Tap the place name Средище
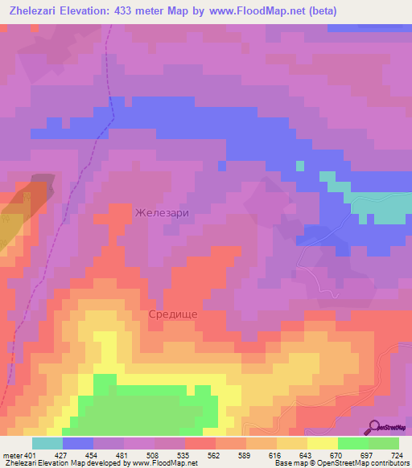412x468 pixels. [173, 314]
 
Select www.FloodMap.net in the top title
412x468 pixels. [261, 10]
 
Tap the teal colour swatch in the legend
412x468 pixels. [47, 443]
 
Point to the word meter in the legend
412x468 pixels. [11, 454]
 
